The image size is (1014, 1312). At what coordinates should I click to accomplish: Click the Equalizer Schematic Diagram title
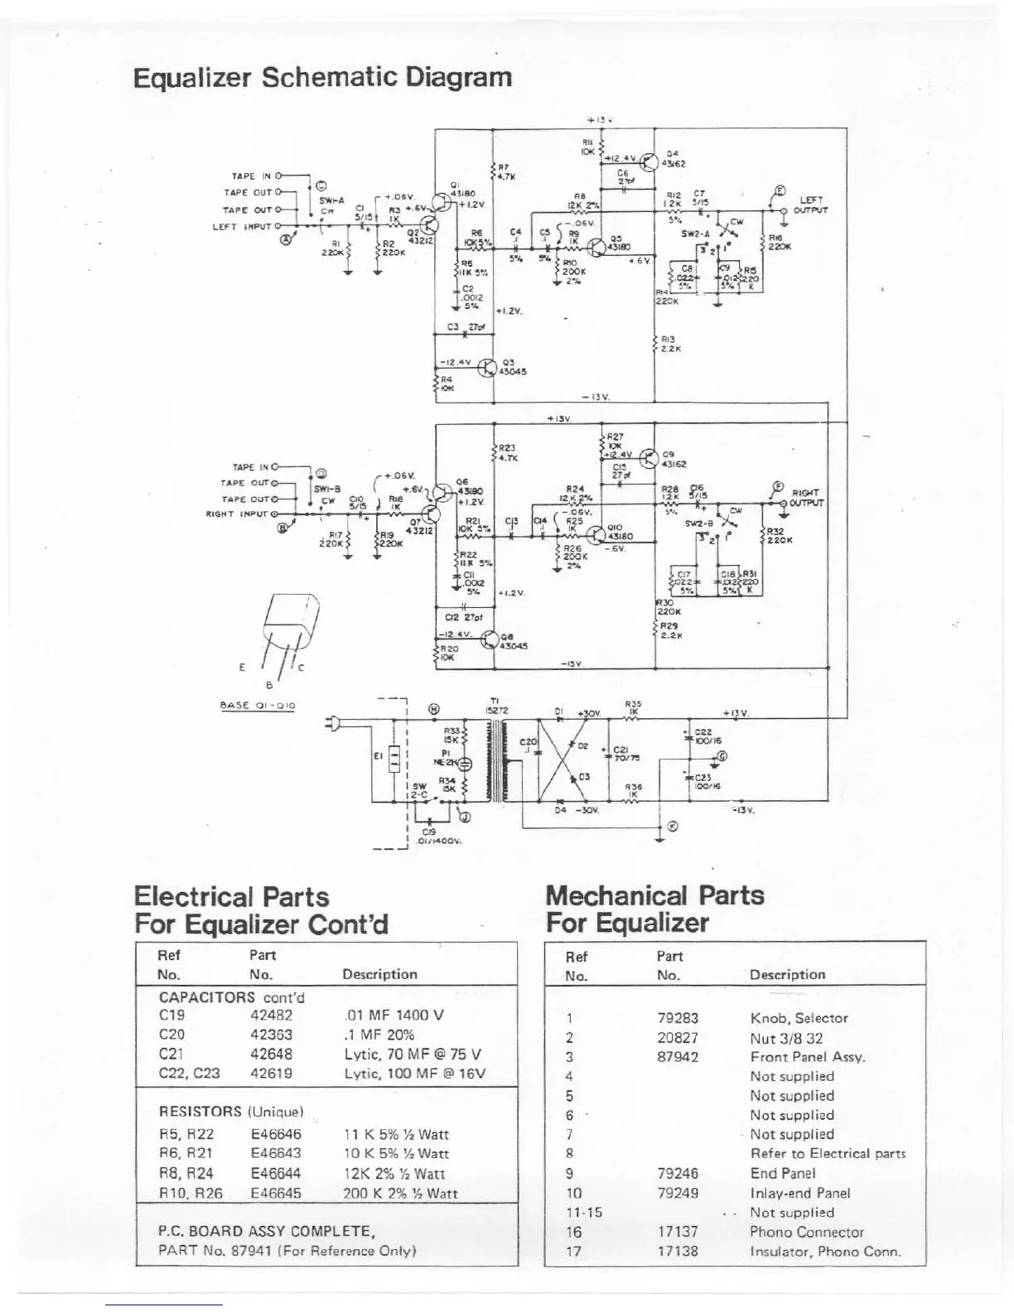(322, 78)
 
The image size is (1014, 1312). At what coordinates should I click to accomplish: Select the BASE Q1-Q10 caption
(257, 706)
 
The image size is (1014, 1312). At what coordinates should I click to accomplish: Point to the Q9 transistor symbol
(649, 458)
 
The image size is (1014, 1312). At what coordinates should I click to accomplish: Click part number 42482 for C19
(271, 1015)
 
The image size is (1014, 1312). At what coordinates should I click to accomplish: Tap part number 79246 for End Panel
(678, 1174)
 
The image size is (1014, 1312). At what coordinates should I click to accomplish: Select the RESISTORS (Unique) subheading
(231, 1111)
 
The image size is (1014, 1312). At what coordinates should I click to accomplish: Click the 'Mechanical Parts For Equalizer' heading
(654, 909)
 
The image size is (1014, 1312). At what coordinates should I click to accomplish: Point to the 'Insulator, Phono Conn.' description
(825, 1252)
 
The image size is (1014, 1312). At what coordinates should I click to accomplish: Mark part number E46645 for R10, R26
(276, 1194)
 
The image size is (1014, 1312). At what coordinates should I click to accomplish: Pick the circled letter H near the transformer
(434, 709)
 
